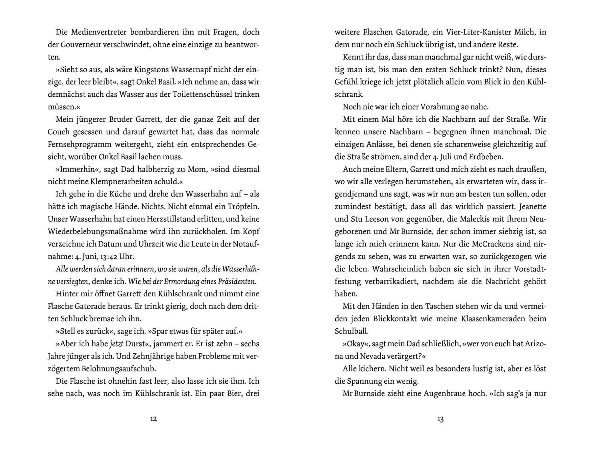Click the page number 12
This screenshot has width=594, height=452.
[x=153, y=419]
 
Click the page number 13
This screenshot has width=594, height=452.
[x=440, y=419]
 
